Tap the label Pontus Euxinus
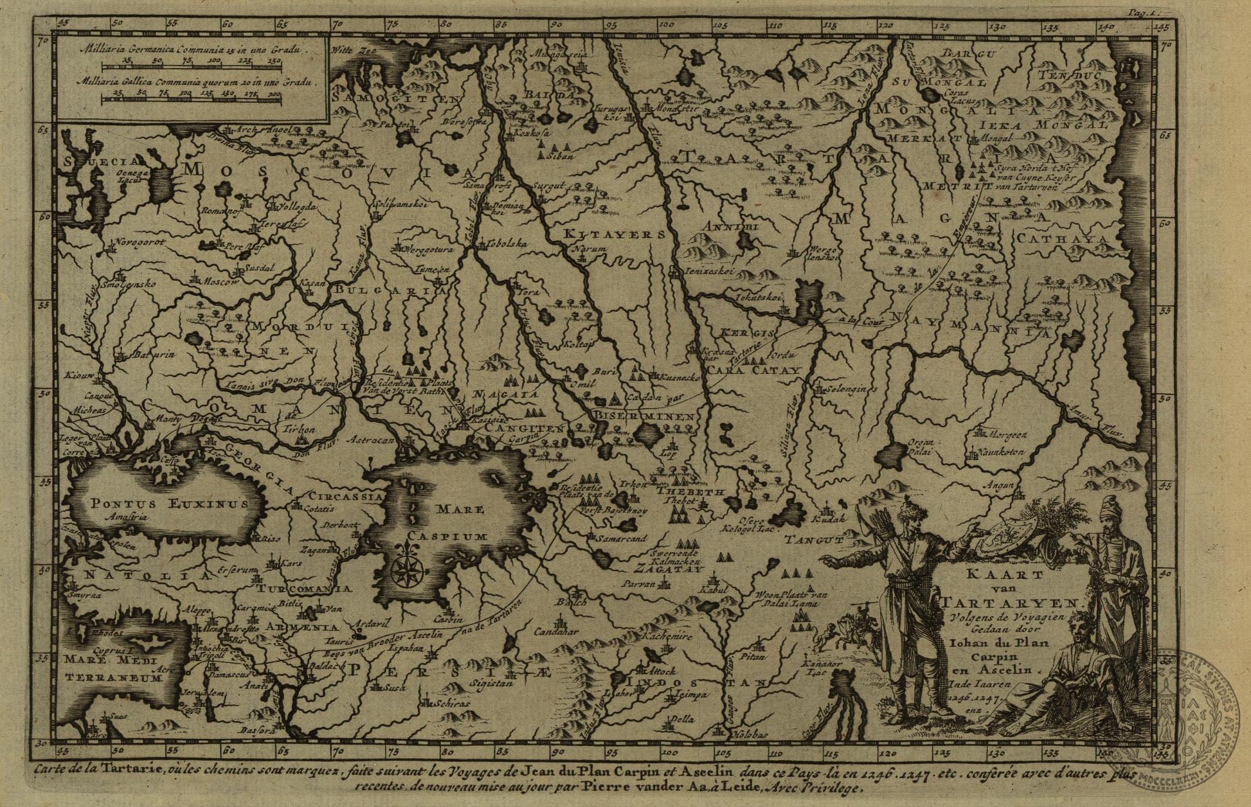pyautogui.click(x=169, y=504)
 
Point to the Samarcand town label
pyautogui.click(x=621, y=539)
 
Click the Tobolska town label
pyautogui.click(x=507, y=244)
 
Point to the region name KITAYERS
pyautogui.click(x=614, y=235)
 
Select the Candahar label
pyautogui.click(x=557, y=631)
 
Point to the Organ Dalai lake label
pyautogui.click(x=919, y=447)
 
